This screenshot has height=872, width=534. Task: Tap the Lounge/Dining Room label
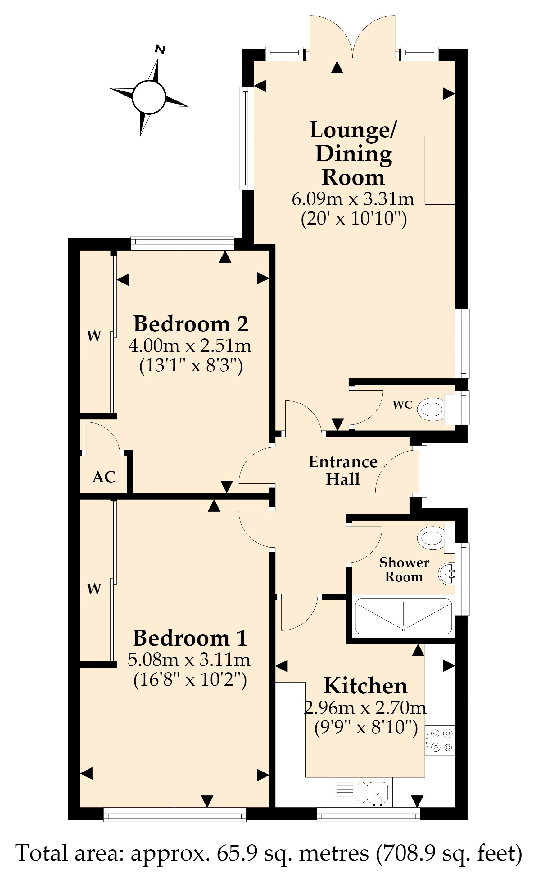(353, 153)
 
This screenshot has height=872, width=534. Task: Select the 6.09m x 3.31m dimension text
(353, 198)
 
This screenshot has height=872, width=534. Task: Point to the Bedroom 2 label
(191, 323)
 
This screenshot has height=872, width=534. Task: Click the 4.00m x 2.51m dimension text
(190, 345)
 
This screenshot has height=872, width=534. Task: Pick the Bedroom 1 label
(190, 638)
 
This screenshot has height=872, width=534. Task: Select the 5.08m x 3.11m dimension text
(189, 659)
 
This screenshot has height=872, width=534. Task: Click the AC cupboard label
(104, 477)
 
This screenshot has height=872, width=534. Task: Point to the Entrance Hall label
(343, 470)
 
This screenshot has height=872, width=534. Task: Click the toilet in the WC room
(436, 409)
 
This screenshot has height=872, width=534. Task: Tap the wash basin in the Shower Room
(447, 574)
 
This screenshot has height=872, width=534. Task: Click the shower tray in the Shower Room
(403, 616)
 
